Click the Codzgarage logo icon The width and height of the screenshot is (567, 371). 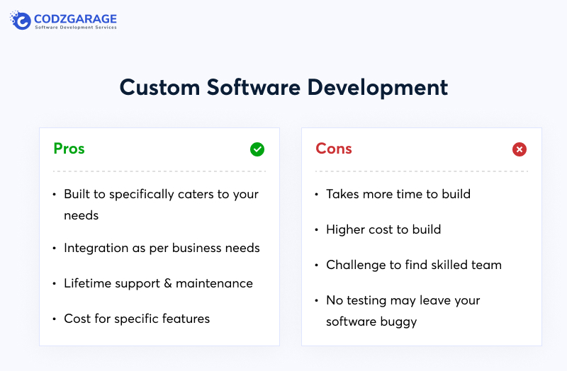[x=21, y=21]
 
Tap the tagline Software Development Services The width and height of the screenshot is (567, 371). [x=76, y=28]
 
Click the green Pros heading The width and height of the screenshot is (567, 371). [x=69, y=149]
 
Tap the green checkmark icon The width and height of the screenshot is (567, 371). [x=257, y=149]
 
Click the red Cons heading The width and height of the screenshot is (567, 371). [x=334, y=149]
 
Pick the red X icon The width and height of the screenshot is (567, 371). [x=520, y=149]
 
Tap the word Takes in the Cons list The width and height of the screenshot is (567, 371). [x=342, y=194]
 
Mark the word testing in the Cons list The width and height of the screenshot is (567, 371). [x=371, y=301]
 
